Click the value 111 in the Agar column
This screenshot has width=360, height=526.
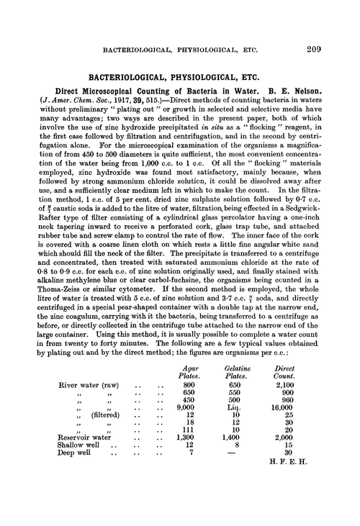(x=190, y=448)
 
